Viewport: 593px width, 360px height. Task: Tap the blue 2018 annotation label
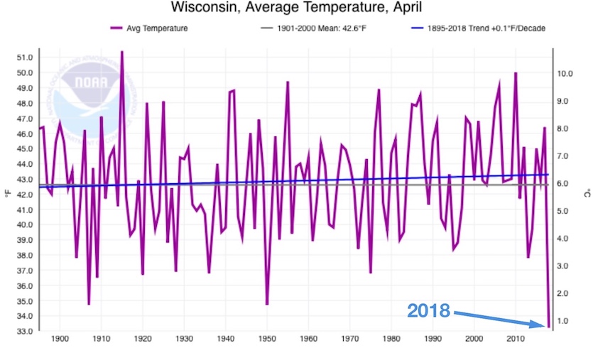[428, 310]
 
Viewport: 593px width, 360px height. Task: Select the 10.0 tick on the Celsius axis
[566, 73]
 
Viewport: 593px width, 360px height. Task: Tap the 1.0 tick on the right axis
[566, 321]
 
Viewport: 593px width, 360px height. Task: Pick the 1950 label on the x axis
[267, 339]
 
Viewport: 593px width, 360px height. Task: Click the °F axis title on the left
[6, 192]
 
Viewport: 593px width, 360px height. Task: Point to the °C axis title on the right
[587, 192]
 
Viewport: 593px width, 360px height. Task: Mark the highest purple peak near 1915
[122, 52]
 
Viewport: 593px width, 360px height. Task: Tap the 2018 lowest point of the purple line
[549, 327]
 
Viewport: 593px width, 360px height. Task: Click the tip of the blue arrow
[545, 325]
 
